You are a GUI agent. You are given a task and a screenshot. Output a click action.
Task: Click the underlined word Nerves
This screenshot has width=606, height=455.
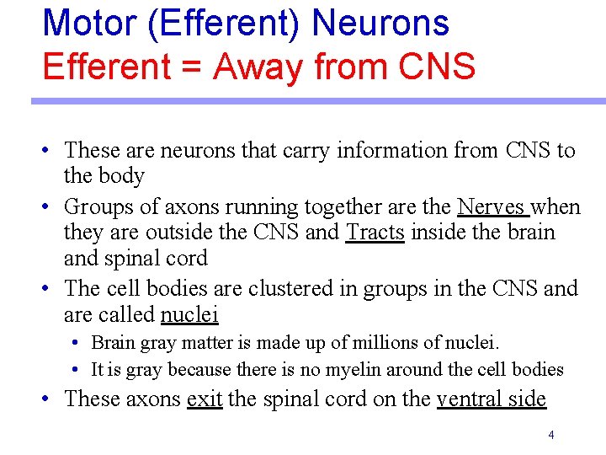(x=492, y=206)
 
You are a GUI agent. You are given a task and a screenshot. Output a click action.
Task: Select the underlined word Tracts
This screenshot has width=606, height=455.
(x=375, y=232)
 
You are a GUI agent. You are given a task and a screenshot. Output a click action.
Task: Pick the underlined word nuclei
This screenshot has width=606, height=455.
(x=189, y=314)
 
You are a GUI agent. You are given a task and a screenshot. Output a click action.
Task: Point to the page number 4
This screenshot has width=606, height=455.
(x=550, y=435)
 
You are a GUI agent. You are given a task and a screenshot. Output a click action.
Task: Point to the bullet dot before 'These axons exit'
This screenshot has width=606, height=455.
(x=50, y=399)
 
